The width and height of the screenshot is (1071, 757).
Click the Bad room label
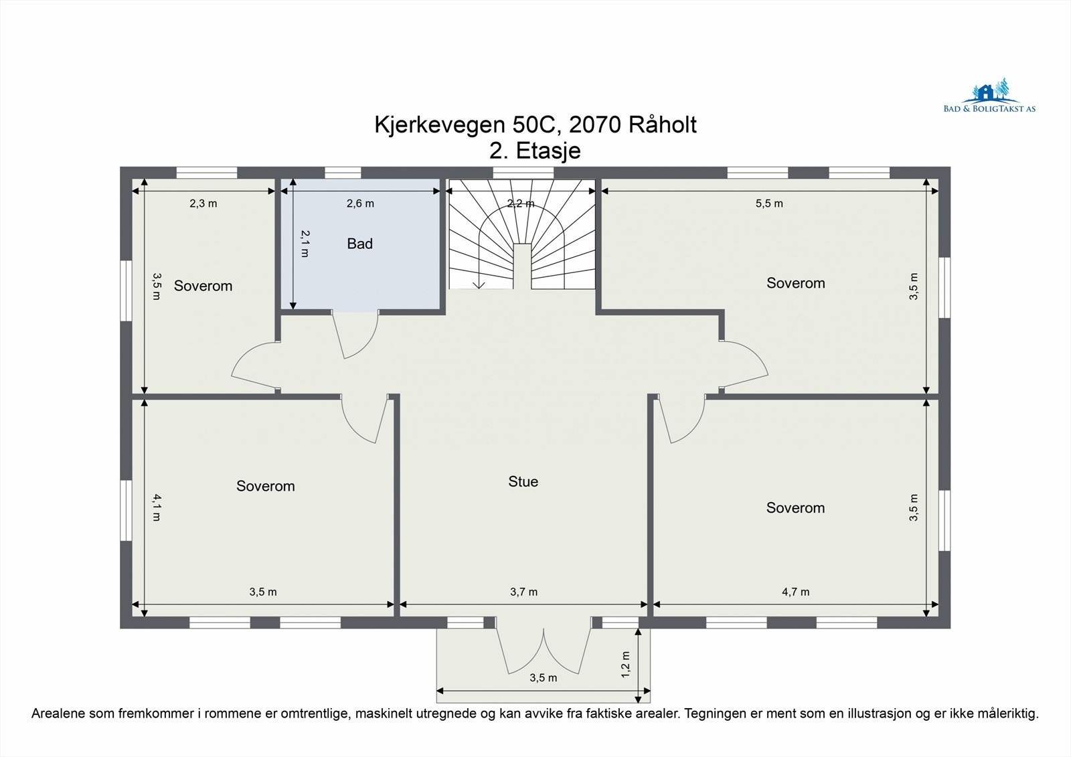(x=359, y=244)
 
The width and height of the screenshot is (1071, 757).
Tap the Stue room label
(x=523, y=482)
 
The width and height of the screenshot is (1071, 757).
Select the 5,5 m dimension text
(x=769, y=203)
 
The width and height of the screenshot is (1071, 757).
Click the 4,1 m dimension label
(x=156, y=507)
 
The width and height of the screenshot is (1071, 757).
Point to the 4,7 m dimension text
(x=795, y=592)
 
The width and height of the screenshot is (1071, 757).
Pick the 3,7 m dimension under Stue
(x=523, y=592)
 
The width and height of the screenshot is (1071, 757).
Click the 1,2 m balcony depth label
(x=626, y=664)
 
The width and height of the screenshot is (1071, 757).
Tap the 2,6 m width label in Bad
(x=360, y=203)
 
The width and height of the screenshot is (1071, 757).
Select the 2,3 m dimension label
(x=203, y=203)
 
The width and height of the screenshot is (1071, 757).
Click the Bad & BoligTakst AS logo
(x=989, y=98)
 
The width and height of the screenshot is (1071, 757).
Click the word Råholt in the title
(x=662, y=124)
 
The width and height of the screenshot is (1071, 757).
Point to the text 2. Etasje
(x=535, y=151)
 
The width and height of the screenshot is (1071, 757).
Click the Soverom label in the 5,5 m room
(x=795, y=283)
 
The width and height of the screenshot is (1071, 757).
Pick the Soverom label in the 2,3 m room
(x=203, y=286)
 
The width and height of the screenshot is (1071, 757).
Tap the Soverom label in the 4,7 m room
(x=795, y=508)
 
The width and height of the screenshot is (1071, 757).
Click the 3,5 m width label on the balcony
(x=543, y=677)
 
